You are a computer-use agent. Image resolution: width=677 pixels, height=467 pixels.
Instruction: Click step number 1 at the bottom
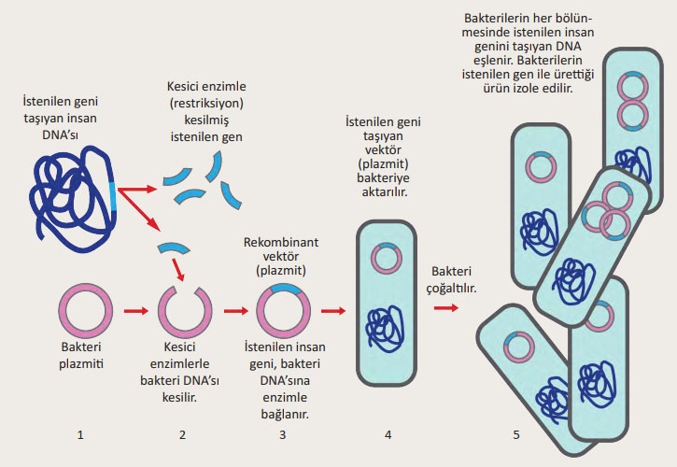81,434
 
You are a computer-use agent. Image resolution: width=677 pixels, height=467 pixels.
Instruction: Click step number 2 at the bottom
182,434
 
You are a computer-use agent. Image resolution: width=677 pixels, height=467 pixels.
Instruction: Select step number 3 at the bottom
282,434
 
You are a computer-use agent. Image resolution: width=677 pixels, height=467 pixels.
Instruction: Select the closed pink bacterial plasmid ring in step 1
86,312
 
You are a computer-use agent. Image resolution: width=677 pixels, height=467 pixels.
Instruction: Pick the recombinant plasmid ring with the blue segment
284,312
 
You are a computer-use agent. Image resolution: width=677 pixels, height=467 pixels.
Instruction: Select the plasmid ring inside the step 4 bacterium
385,257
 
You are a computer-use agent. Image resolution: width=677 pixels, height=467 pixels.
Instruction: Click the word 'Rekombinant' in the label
280,242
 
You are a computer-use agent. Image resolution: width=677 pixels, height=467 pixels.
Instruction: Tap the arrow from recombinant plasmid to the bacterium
332,312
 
